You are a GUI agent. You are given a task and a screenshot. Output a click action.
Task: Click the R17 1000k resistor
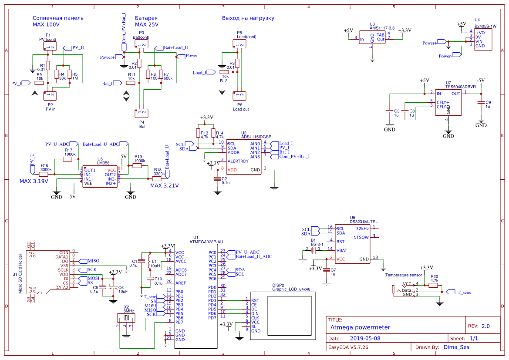(x=67, y=159)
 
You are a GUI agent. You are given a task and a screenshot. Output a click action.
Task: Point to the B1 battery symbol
(x=313, y=250)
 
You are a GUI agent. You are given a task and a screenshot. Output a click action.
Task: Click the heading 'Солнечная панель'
(x=58, y=18)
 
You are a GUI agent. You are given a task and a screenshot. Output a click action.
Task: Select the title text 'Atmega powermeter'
(x=360, y=327)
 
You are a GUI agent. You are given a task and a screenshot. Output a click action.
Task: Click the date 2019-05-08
(x=365, y=338)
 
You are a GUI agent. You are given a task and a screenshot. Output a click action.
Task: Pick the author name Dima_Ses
(x=456, y=347)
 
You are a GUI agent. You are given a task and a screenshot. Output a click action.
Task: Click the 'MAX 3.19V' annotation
(x=34, y=181)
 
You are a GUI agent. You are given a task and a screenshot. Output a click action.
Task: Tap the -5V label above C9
(x=480, y=81)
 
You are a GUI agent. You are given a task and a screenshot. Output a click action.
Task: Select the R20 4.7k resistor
(x=433, y=286)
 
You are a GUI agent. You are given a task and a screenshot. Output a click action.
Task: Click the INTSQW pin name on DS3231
(x=360, y=237)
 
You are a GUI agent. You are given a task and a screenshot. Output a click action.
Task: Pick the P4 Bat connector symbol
(x=142, y=113)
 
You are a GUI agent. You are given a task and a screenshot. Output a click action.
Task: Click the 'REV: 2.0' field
(x=479, y=326)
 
